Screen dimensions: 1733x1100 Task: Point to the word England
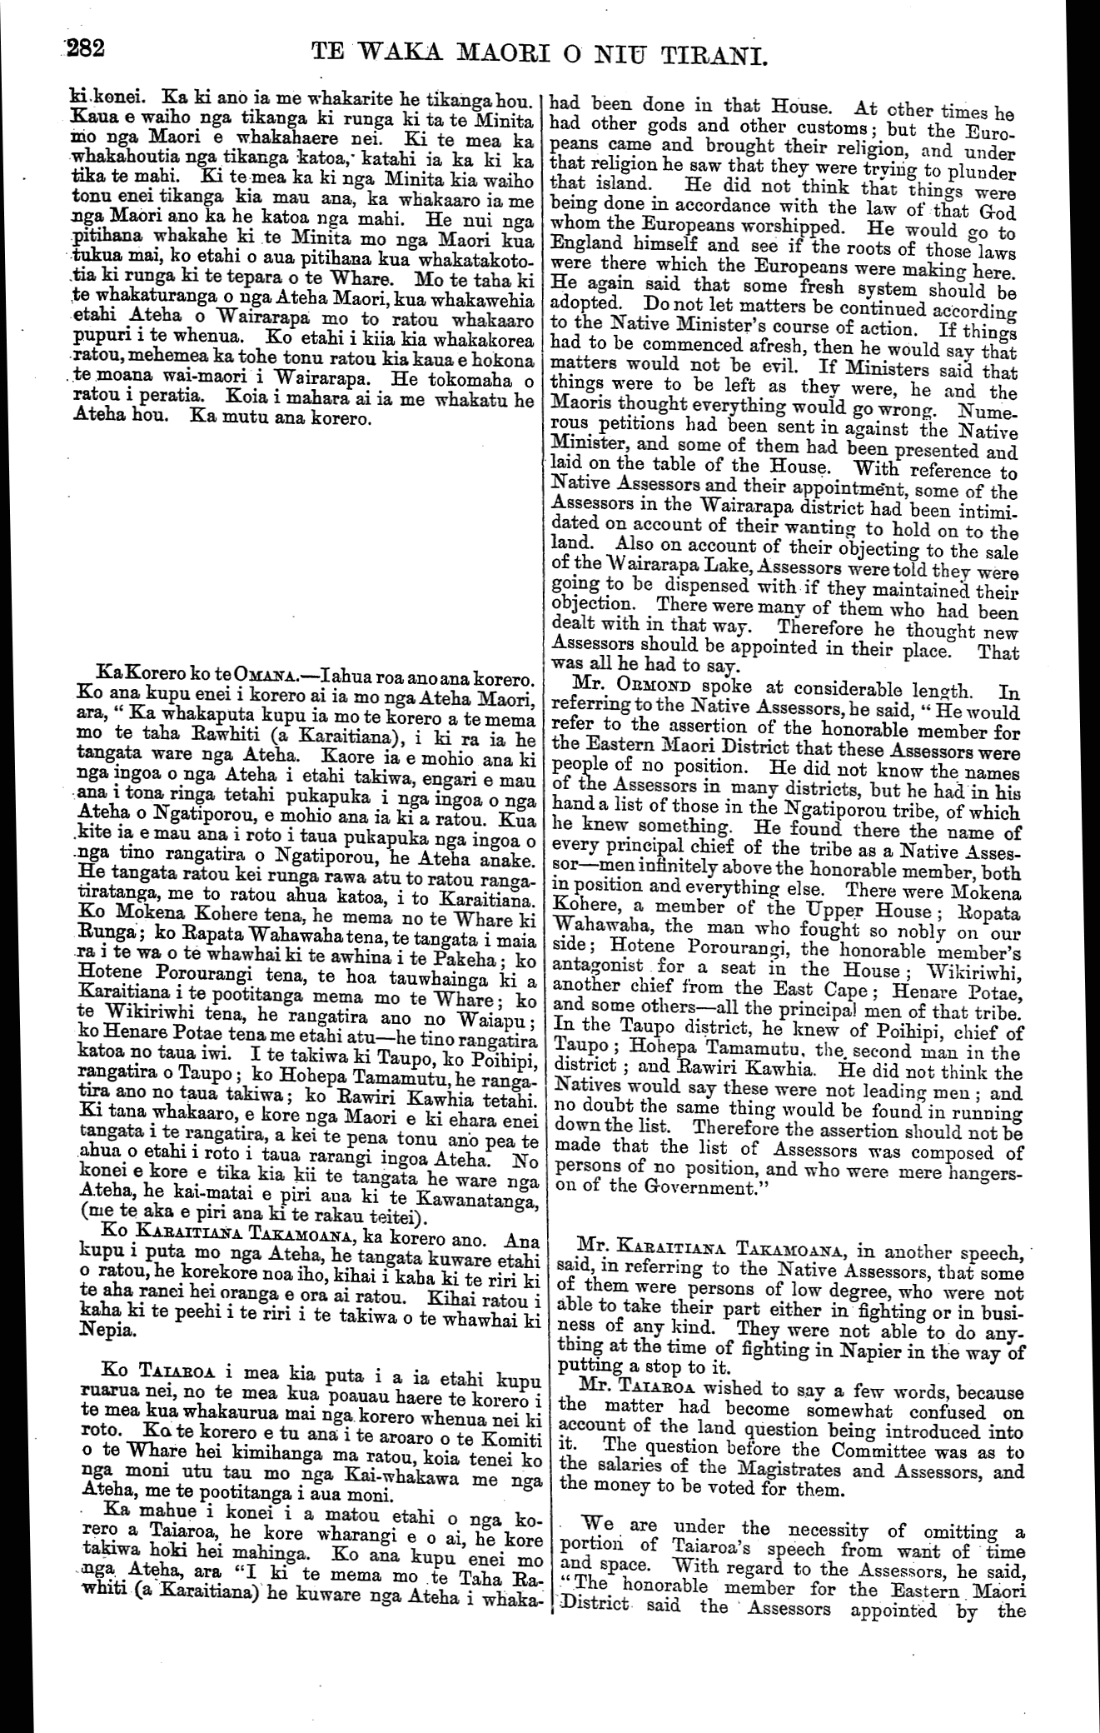(x=590, y=245)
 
